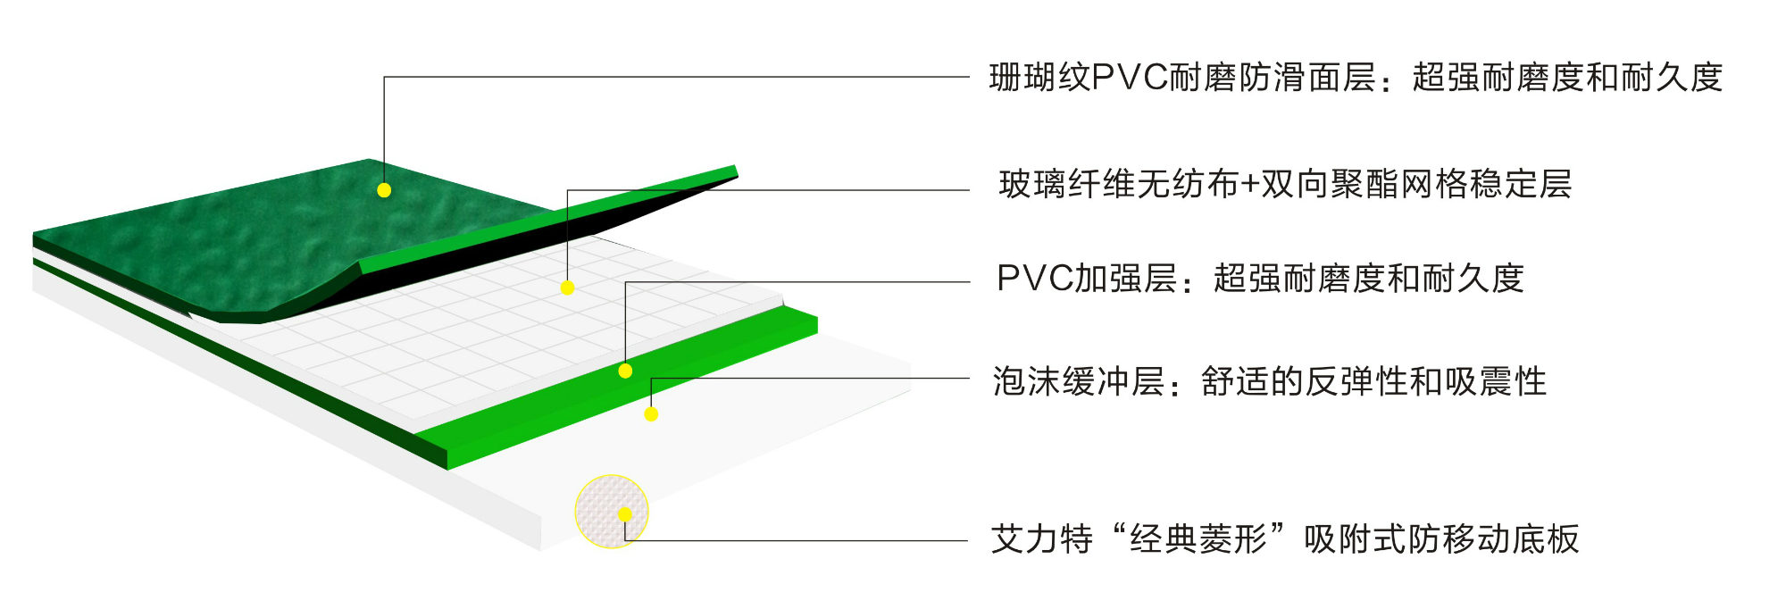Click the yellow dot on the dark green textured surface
click(384, 190)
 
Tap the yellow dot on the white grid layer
click(567, 288)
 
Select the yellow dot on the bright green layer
click(625, 371)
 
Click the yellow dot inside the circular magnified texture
click(624, 514)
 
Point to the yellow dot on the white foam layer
click(651, 414)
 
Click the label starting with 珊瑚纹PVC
click(1356, 79)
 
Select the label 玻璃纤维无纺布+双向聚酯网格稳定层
click(1285, 185)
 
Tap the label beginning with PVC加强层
click(1259, 279)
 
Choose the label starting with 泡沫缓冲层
click(1269, 382)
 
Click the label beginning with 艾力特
click(1284, 539)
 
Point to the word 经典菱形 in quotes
click(1198, 539)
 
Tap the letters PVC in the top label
click(1130, 79)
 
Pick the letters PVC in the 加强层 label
click(1034, 279)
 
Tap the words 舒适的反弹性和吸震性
click(1373, 382)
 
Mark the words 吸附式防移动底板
click(1441, 539)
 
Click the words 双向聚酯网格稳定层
click(1416, 185)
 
